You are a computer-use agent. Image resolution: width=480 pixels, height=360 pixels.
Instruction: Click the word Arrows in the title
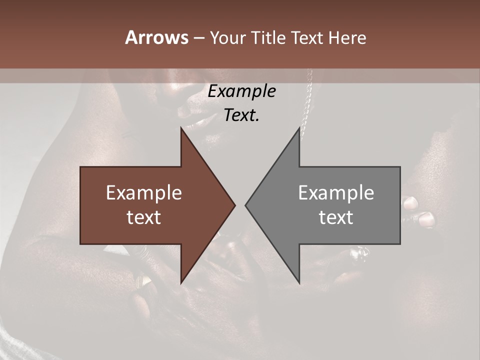pyautogui.click(x=157, y=37)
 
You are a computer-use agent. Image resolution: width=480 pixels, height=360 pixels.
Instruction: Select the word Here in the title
pyautogui.click(x=347, y=37)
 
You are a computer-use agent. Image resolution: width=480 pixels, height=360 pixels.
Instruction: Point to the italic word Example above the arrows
pyautogui.click(x=241, y=91)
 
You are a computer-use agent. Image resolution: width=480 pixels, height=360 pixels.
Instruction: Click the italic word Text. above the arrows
pyautogui.click(x=241, y=115)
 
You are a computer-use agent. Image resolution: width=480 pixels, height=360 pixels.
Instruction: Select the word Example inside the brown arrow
pyautogui.click(x=144, y=193)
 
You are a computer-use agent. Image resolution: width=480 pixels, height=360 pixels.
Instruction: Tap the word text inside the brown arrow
pyautogui.click(x=144, y=217)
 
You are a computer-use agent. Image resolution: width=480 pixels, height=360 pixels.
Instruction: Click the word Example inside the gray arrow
pyautogui.click(x=336, y=193)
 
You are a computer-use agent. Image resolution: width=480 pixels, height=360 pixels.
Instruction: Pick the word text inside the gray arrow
pyautogui.click(x=336, y=217)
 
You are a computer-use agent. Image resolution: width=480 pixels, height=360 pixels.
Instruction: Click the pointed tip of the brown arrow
pyautogui.click(x=234, y=205)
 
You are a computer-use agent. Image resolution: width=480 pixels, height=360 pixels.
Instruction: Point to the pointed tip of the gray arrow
pyautogui.click(x=246, y=205)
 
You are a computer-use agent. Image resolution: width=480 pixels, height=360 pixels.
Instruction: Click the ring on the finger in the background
pyautogui.click(x=361, y=253)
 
